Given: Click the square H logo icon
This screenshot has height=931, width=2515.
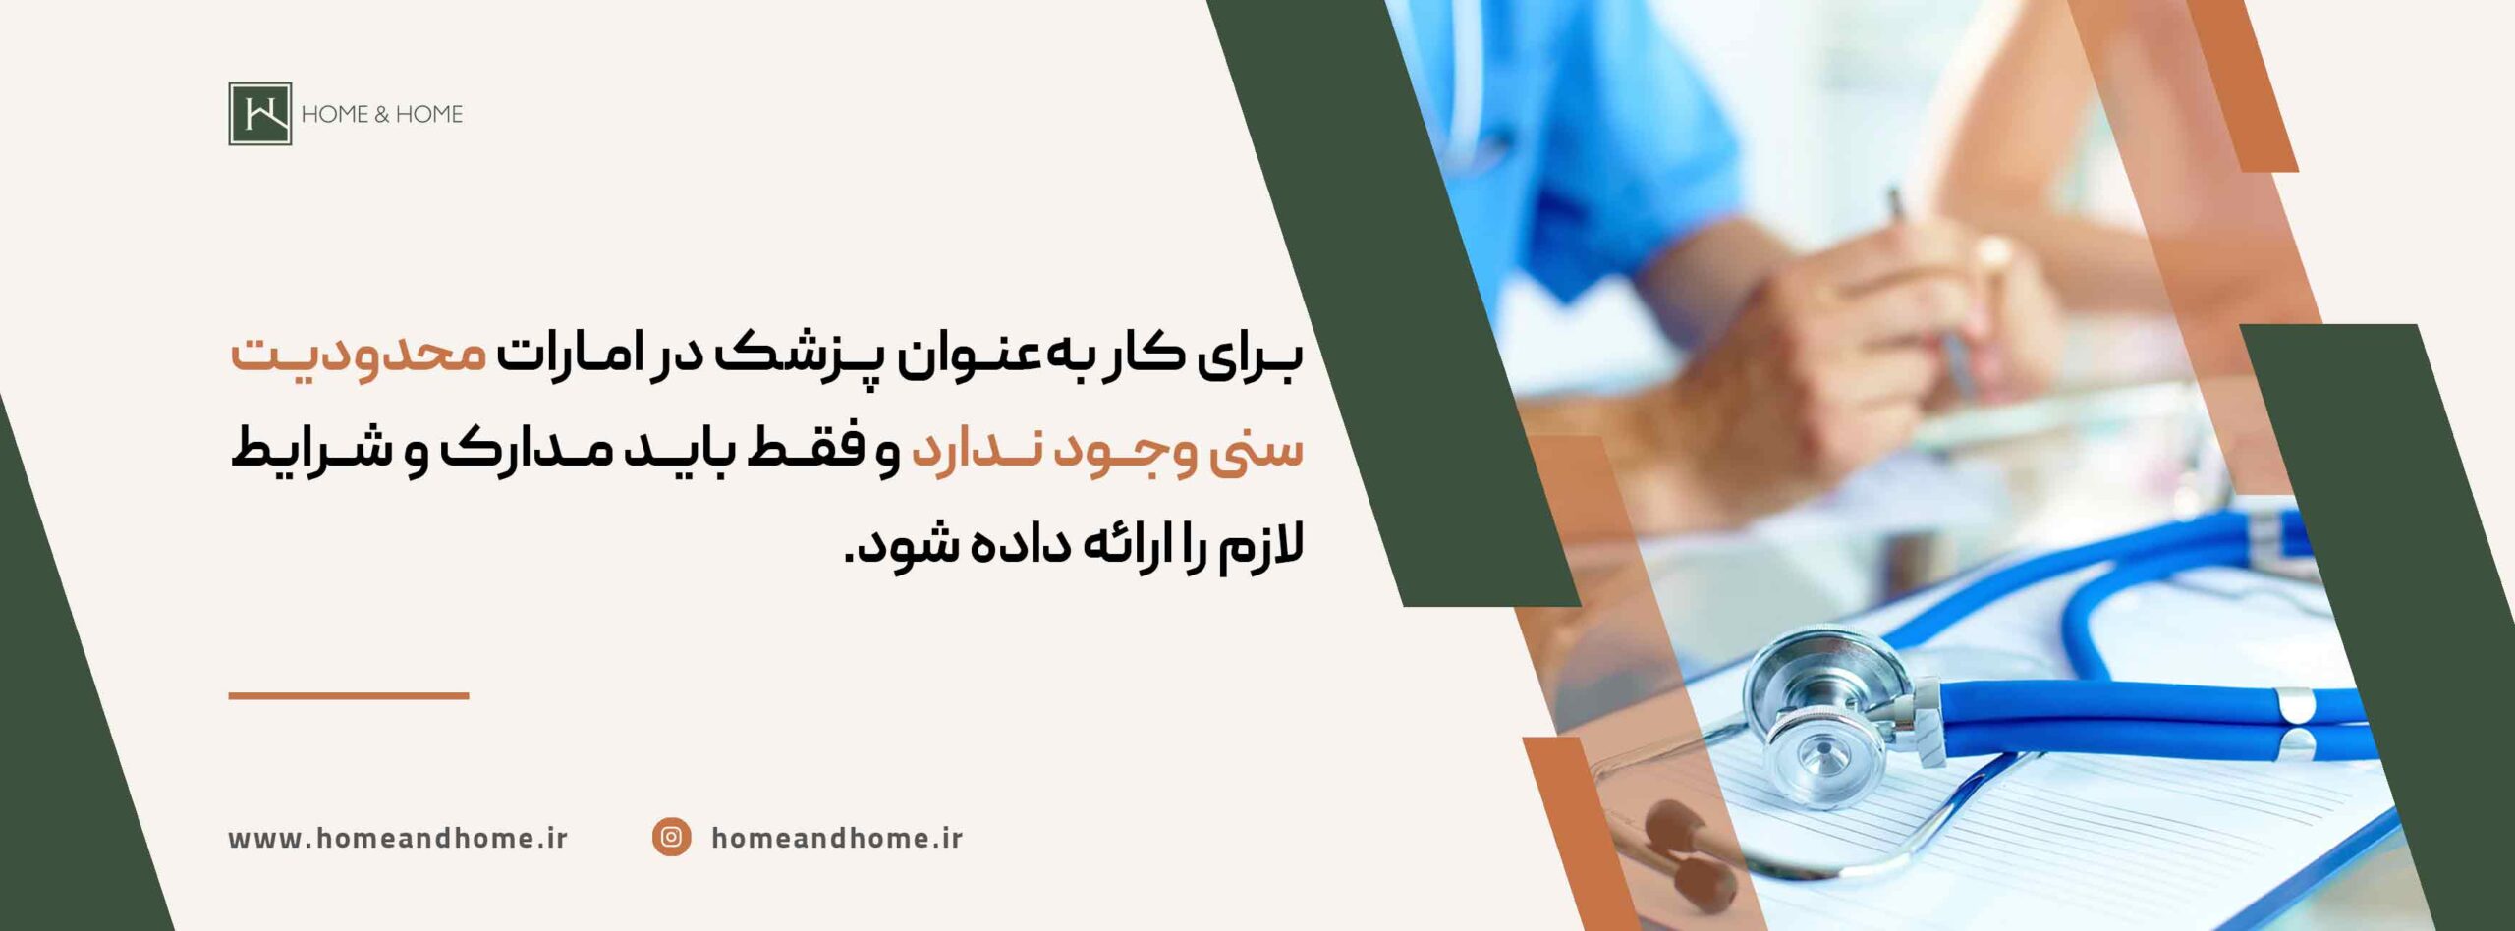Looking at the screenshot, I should coord(260,114).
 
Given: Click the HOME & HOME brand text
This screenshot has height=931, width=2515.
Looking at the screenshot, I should coord(381,114).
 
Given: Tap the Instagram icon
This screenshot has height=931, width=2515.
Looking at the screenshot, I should coord(671,837).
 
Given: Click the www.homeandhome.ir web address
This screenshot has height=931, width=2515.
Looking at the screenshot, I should coord(398,838).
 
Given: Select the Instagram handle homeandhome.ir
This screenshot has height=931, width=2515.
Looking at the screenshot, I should coord(837,838).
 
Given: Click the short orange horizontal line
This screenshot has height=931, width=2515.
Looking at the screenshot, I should coord(349,695).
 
